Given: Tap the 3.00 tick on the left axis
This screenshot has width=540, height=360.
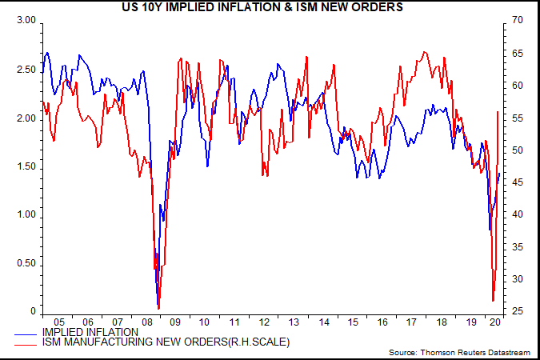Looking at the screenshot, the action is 26,20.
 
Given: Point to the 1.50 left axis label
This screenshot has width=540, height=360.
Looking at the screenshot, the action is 26,166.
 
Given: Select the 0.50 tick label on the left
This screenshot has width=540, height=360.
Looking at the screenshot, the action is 26,263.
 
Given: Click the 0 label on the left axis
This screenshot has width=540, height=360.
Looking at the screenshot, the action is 33,311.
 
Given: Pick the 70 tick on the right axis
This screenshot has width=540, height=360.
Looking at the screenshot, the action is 518,20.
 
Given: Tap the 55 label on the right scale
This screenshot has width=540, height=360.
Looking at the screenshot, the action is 518,118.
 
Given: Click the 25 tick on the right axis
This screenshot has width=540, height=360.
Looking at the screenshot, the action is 518,311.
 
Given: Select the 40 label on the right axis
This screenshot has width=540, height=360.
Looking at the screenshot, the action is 518,214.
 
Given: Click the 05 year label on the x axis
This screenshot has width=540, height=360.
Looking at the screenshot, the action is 59,322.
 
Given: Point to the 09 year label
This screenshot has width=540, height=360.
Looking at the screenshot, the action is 175,322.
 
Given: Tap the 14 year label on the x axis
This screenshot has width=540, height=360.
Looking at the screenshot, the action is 324,322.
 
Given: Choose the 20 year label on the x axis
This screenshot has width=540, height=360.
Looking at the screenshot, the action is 495,322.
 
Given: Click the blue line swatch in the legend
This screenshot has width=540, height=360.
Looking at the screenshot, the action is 26,334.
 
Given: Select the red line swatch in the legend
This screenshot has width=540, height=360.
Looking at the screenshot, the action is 26,345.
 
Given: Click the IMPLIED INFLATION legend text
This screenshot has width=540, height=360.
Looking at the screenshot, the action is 90,333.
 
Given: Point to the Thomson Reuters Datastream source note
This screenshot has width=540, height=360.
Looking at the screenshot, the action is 475,353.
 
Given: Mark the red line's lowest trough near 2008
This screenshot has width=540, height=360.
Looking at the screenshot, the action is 158,309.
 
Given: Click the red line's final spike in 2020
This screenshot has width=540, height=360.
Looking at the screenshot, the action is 498,112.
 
